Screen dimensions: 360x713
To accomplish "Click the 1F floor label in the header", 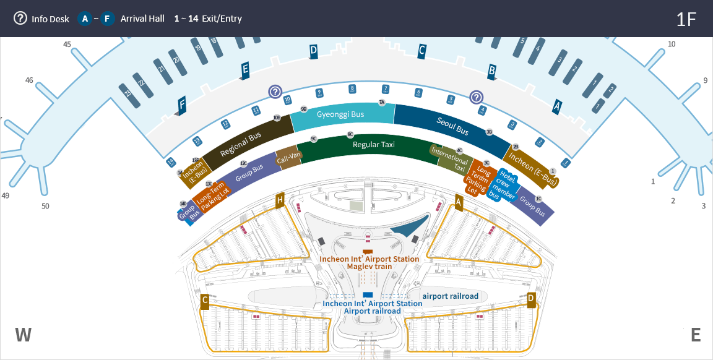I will pos(686,19).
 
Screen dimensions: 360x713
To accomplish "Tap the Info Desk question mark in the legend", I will pos(21,19).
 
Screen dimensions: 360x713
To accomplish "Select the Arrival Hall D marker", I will pos(313,51).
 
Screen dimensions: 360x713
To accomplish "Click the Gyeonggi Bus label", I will pos(340,114).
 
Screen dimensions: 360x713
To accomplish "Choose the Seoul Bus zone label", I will pos(453,125).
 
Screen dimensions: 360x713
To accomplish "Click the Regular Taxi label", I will pos(374,145).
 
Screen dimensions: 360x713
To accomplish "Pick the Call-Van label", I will pos(288,158).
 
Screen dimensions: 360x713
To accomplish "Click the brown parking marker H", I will pos(280,200).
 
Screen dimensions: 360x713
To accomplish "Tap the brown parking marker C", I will pos(205,301).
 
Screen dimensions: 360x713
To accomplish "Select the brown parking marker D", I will pos(531,299).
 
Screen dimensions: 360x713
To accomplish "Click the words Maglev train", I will pos(369,267).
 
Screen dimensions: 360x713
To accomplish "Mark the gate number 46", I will pos(29,80).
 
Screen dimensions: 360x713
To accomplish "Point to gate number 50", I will pos(45,206).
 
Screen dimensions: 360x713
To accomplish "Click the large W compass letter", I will pos(23,335).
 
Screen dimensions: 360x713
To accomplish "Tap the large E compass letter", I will pos(696,335).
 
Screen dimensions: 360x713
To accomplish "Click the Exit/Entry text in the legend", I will pos(222,19).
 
